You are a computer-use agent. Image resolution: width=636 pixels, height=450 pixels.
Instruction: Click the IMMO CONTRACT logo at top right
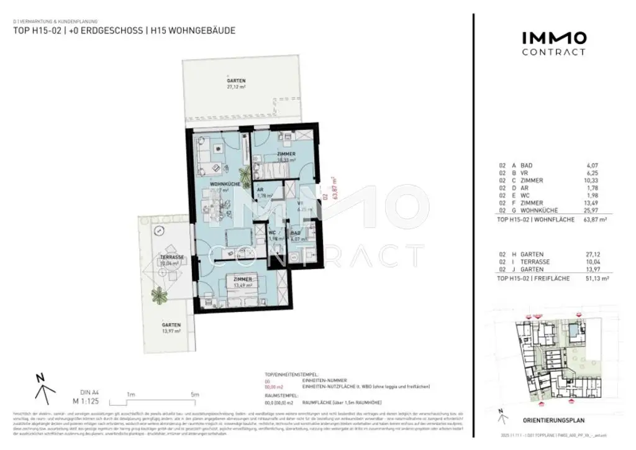553,43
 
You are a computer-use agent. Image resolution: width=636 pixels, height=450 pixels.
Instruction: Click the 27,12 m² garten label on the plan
236,85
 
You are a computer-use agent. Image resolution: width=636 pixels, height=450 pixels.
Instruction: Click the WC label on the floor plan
272,234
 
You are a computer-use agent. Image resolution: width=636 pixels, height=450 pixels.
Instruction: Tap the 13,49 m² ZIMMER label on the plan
242,283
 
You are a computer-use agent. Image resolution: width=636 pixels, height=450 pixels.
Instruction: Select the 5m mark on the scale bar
194,395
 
